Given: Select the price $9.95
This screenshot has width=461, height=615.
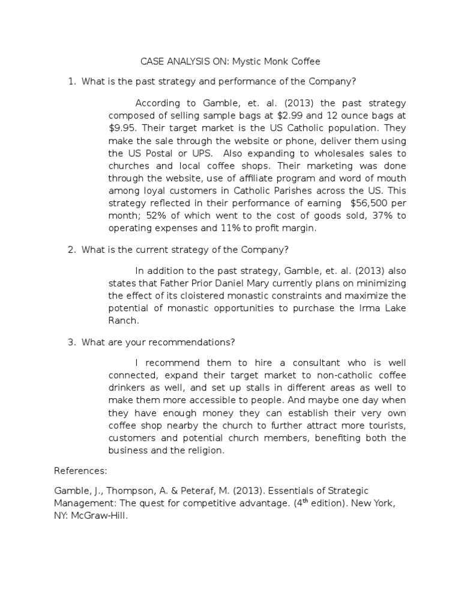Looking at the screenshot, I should click(x=122, y=128).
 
